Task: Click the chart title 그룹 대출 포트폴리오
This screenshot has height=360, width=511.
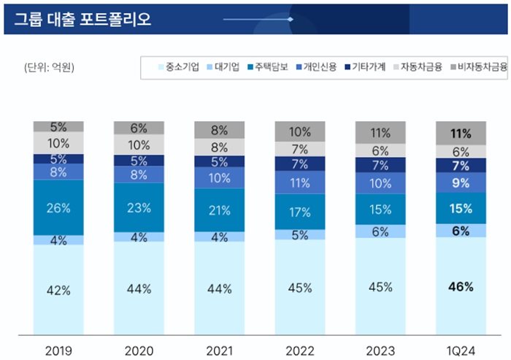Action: tap(82, 18)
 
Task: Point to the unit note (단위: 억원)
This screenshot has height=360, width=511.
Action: tap(50, 68)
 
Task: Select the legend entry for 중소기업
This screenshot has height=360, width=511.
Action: tap(178, 67)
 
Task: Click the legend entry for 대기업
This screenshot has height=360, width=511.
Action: tap(227, 67)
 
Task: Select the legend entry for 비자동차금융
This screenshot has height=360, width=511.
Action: tap(477, 67)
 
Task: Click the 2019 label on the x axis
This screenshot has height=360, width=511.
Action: tap(58, 348)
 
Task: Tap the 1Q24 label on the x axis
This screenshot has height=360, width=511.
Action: tap(461, 348)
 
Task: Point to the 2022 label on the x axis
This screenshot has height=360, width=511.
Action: tap(300, 348)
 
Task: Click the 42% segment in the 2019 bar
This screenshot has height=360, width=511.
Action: tap(58, 289)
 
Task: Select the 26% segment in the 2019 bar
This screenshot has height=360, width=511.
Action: tap(58, 207)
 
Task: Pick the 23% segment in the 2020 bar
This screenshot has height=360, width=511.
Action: tap(139, 207)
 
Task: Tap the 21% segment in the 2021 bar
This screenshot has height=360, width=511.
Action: tap(219, 211)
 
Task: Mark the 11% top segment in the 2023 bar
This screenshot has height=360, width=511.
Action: tap(380, 133)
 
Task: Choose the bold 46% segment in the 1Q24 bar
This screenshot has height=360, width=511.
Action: tap(461, 286)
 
